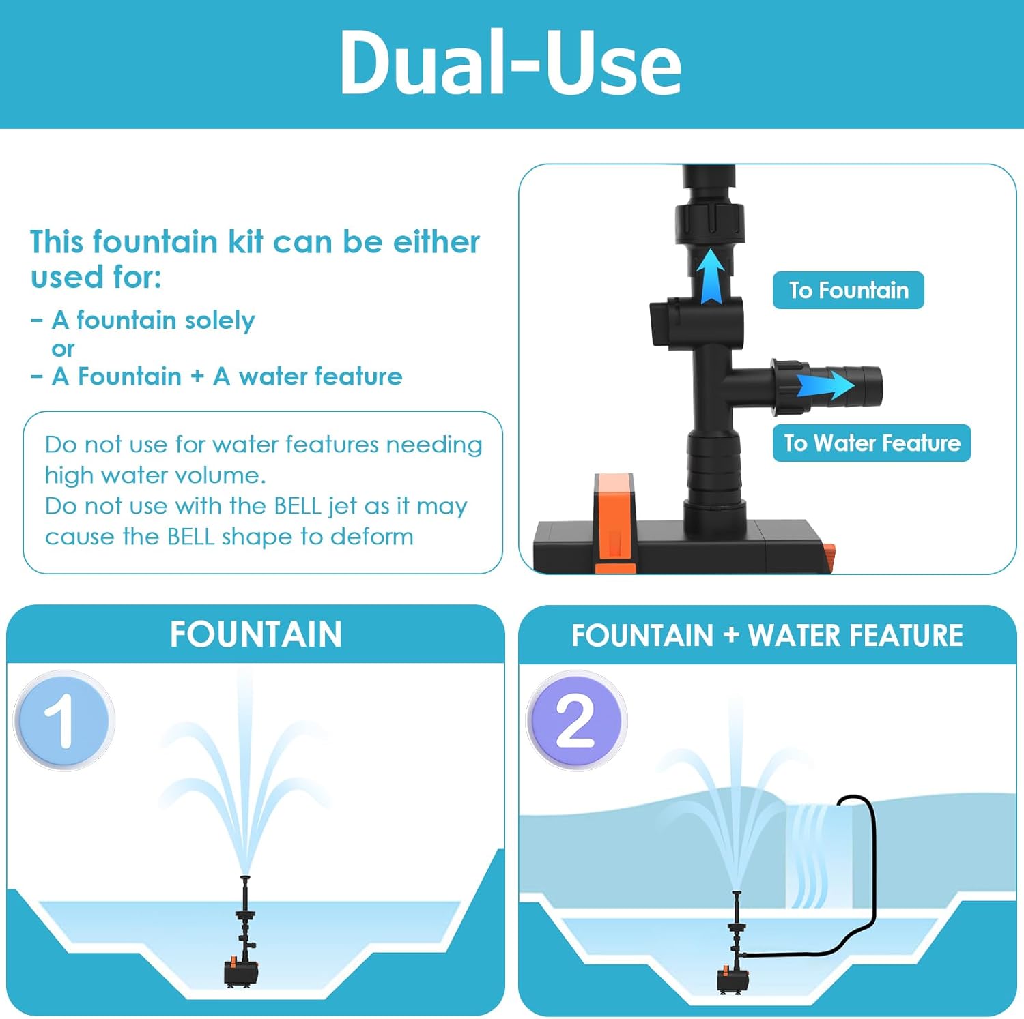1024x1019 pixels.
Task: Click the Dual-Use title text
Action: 511,63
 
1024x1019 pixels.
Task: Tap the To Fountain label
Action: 848,291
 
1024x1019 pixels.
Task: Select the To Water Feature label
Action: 872,443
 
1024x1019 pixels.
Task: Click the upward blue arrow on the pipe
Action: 711,276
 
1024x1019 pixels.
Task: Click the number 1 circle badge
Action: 64,720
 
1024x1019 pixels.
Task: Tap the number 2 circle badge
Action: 576,720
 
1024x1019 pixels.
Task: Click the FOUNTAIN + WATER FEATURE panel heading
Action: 767,636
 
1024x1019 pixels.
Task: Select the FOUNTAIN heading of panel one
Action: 256,634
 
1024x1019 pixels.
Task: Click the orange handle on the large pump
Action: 614,522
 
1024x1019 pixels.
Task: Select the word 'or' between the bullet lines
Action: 63,349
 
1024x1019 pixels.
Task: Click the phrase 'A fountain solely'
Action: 153,320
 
